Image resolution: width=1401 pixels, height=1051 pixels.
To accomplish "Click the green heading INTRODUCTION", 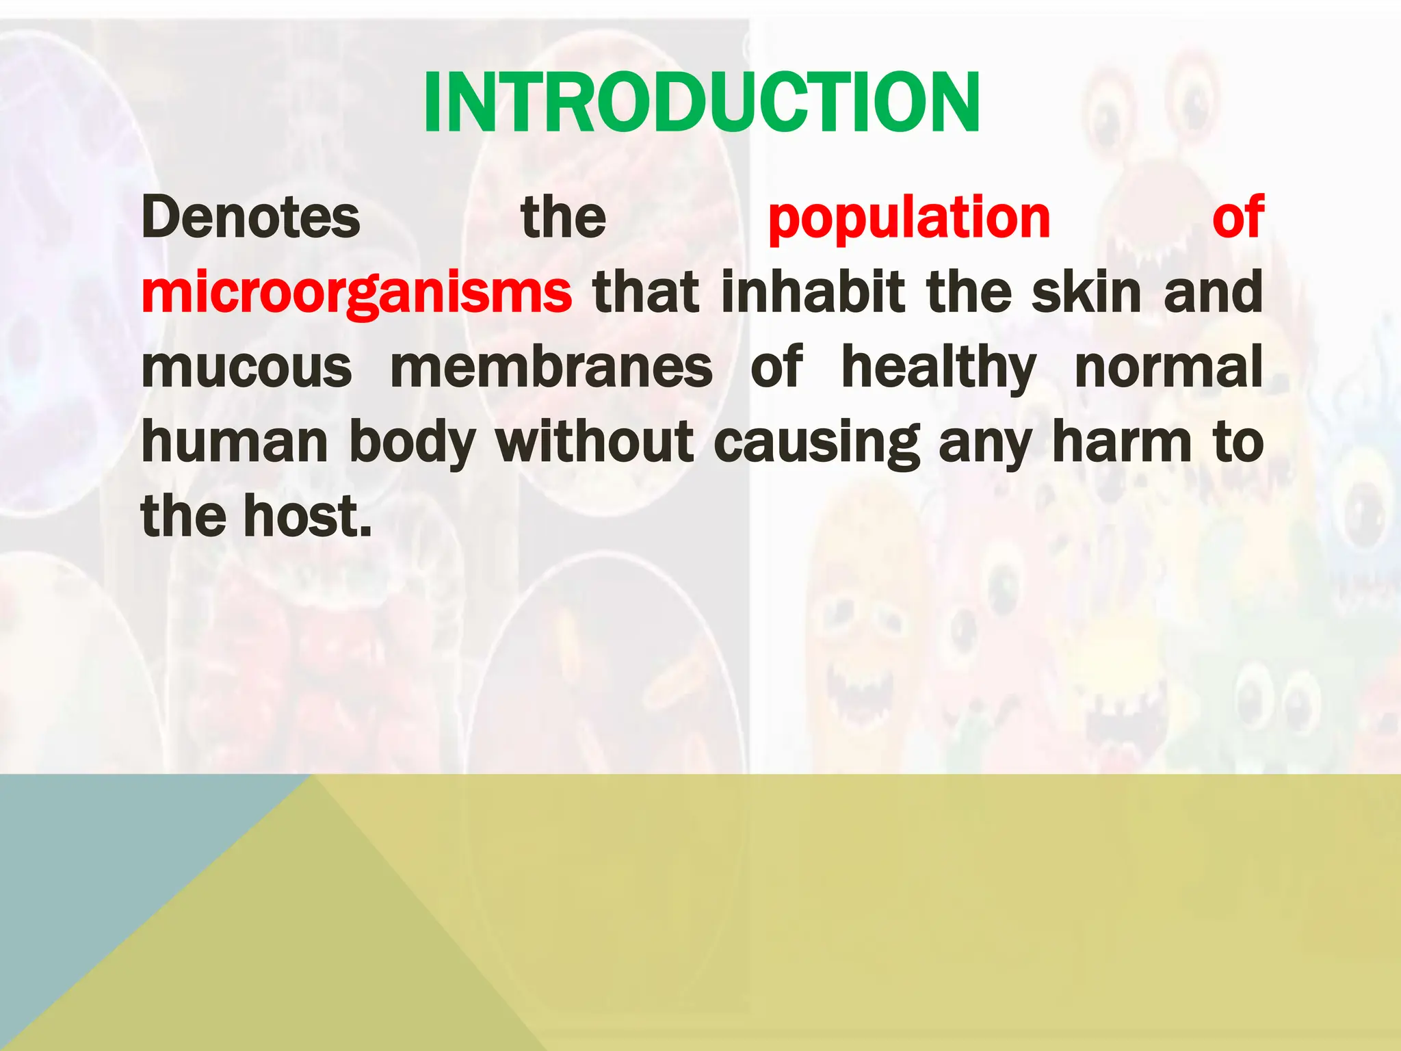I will (x=701, y=103).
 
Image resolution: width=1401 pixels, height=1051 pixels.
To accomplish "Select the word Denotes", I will (x=250, y=218).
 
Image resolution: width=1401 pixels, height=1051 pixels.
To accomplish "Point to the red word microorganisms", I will (x=356, y=293).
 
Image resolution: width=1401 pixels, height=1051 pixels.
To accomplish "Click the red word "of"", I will (x=1237, y=218).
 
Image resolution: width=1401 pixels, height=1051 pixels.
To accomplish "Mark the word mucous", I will (x=246, y=367).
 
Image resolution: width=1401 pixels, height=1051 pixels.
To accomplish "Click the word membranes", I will (x=551, y=367).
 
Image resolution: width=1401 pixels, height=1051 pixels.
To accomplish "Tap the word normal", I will (x=1168, y=367).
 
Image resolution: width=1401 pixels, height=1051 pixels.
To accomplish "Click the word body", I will (x=413, y=443).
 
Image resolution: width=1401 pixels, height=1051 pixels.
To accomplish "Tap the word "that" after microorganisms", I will (x=646, y=292).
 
